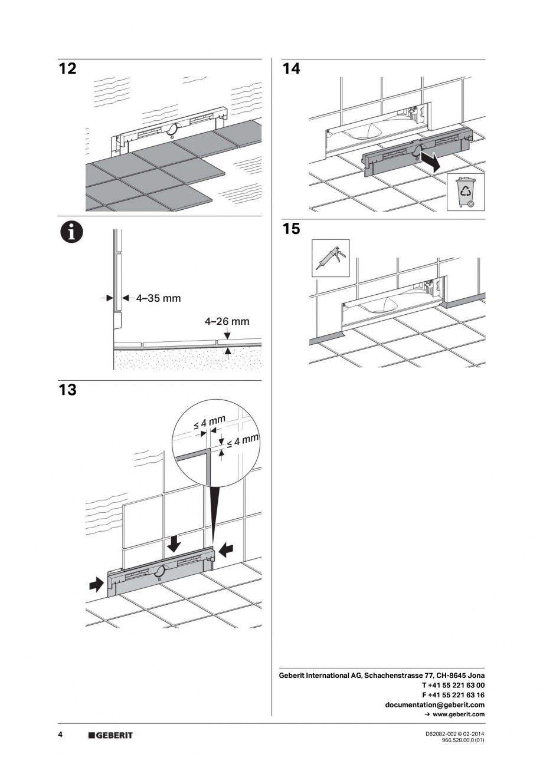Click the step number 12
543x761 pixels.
coord(68,69)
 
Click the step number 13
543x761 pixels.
coord(68,390)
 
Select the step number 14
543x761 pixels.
coord(291,69)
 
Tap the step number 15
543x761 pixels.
coord(291,229)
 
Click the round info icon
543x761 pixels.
coord(70,232)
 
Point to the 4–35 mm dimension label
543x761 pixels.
coord(158,298)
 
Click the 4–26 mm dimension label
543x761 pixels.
coord(227,322)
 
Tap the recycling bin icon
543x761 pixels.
coord(465,191)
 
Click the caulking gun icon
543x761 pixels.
coord(331,258)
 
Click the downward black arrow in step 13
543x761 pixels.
coord(174,543)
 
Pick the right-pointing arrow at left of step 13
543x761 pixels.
coord(94,585)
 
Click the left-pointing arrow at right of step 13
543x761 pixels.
coord(226,550)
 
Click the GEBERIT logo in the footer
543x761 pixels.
coord(110,735)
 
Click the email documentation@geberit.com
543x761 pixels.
coord(435,704)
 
